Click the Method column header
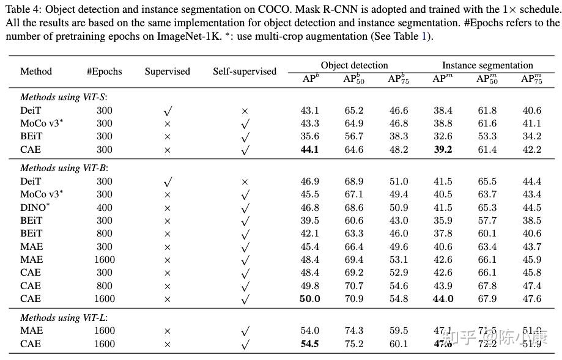36,72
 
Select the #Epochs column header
104,72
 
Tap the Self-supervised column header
245,72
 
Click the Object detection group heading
354,65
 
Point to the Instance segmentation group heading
487,65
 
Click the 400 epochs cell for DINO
105,207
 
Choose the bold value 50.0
309,299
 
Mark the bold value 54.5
309,343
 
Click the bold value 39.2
443,149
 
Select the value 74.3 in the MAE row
354,331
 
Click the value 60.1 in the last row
398,343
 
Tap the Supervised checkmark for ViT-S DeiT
168,111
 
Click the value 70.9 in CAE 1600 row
354,299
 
